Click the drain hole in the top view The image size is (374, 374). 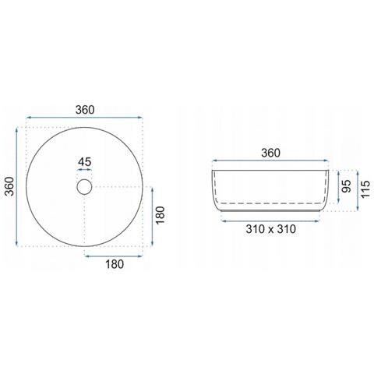click(x=84, y=187)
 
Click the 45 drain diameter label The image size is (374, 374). click(x=85, y=162)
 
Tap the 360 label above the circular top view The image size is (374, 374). click(x=85, y=110)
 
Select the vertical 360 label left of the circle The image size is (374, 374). click(x=9, y=186)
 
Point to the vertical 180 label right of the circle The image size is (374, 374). click(x=161, y=215)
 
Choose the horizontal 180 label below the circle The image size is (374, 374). click(x=115, y=264)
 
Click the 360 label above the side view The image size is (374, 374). click(x=270, y=153)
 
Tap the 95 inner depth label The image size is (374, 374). click(x=346, y=186)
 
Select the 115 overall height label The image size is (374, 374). click(x=365, y=189)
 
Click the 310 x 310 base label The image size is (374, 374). click(x=271, y=229)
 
